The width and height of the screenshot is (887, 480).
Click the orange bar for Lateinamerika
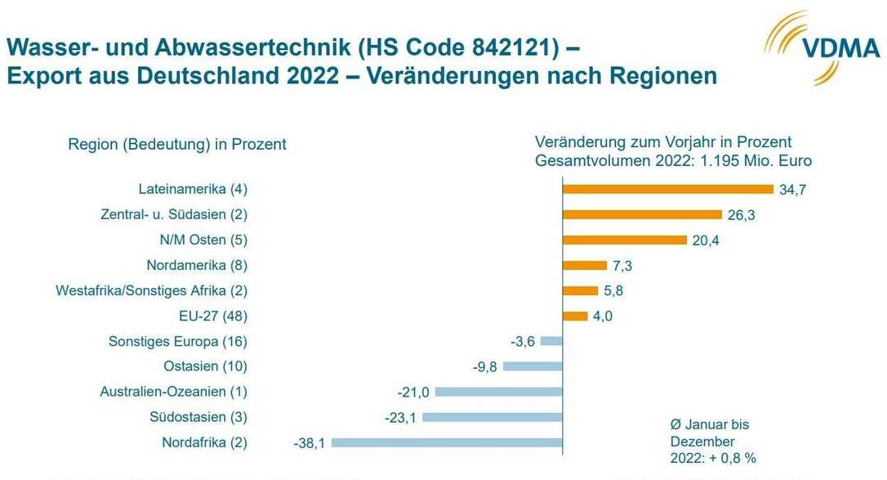pos(668,189)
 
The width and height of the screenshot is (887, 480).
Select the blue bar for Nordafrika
pos(448,443)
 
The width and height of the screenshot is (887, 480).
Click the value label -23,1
pos(400,418)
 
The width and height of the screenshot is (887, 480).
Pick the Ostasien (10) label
pos(205,366)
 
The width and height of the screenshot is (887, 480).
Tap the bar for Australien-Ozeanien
pos(499,392)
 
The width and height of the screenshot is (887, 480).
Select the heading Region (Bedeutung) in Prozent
pos(177,144)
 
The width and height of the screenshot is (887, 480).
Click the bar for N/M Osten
pos(625,240)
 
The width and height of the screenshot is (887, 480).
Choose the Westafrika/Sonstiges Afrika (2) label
pos(151,290)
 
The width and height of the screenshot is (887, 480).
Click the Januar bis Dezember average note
pos(708,442)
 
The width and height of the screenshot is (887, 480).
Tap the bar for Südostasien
pos(494,417)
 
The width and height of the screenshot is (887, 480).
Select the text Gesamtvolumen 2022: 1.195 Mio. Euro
pos(673,161)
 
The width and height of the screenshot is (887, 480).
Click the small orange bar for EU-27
pos(575,316)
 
